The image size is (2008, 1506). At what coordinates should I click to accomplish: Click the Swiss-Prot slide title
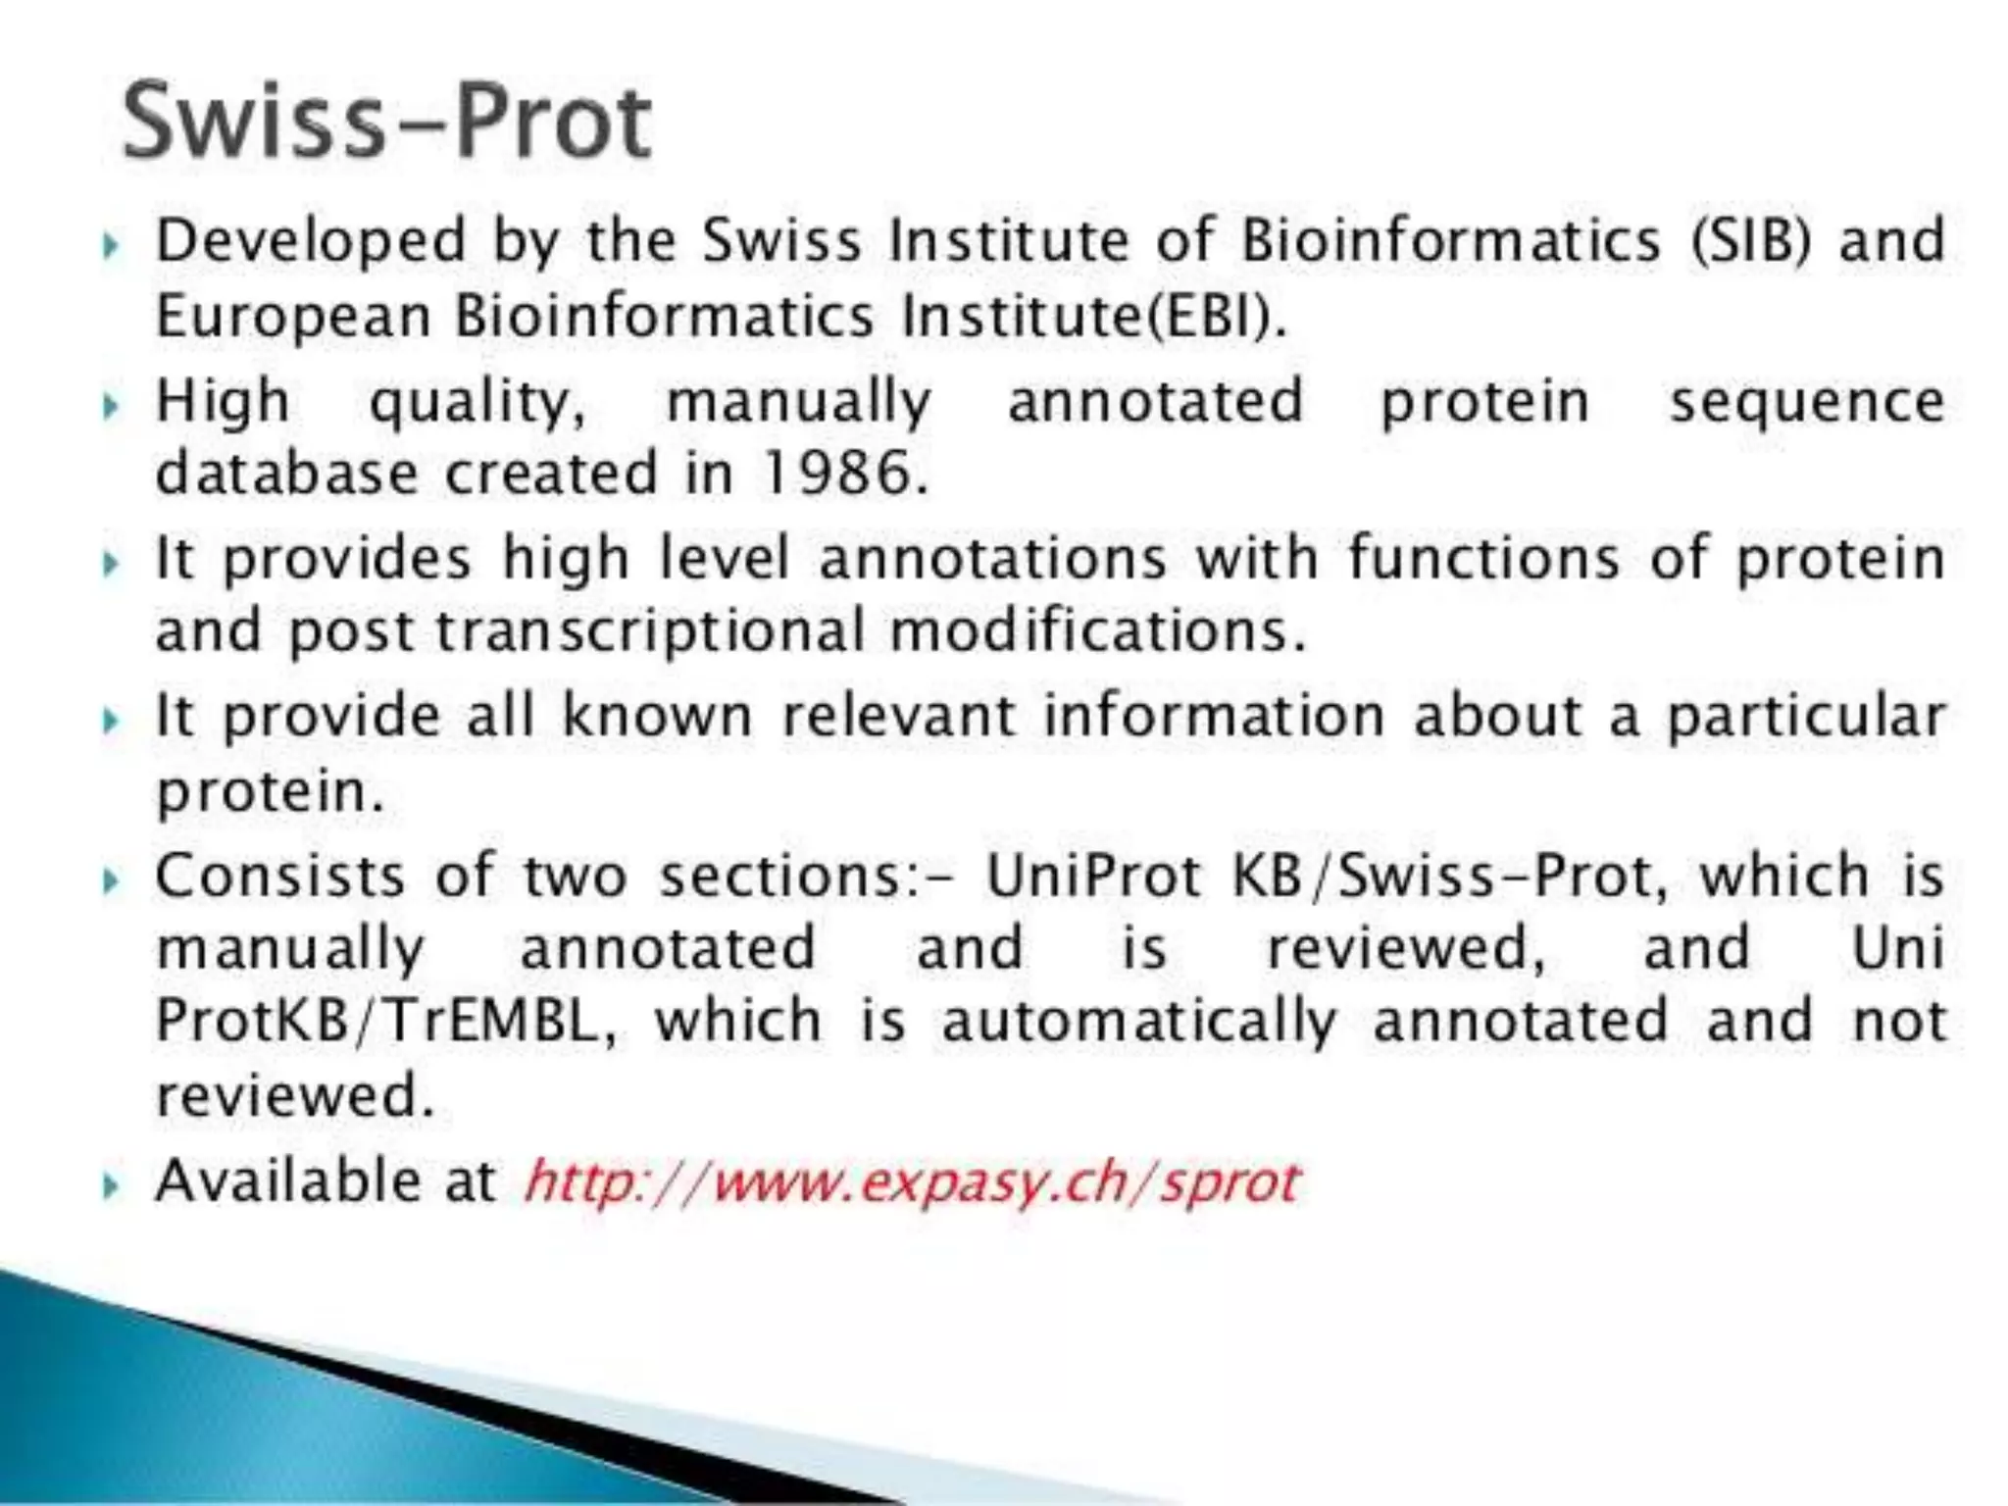click(386, 122)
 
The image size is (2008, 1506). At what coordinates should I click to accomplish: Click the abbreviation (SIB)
click(1750, 241)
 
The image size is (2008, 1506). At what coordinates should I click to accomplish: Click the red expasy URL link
click(912, 1182)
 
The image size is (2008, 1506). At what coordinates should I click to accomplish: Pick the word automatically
click(1139, 1022)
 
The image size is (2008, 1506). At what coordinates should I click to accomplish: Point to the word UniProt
click(1093, 876)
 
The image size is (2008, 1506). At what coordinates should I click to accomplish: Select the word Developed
click(311, 241)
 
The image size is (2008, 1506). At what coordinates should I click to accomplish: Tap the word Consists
click(279, 876)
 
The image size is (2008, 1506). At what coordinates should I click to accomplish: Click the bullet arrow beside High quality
click(111, 405)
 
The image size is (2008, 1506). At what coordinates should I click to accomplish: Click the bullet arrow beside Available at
click(111, 1186)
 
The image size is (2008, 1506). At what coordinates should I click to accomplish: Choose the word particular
click(1806, 718)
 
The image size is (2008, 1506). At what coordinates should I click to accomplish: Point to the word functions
click(1483, 559)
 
